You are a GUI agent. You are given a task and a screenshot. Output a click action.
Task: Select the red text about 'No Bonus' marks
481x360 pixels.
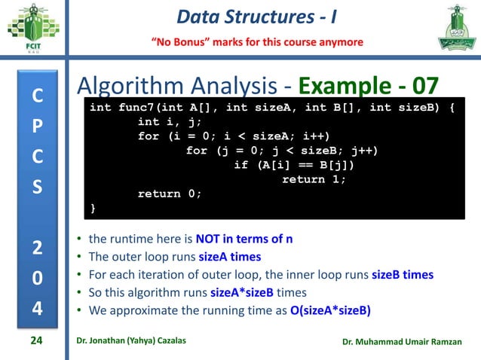coord(259,41)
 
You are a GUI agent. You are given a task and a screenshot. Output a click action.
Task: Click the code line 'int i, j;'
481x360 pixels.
coord(170,122)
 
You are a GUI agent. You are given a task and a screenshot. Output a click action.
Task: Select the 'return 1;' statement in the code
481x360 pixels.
coord(314,179)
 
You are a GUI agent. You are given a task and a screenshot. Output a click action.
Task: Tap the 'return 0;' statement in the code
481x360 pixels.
coord(170,194)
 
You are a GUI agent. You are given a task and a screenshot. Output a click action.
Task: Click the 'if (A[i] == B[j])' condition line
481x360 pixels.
coord(294,165)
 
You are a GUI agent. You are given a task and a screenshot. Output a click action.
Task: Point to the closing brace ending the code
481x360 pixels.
coord(93,208)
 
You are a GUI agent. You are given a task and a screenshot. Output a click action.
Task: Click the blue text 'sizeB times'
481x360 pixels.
coord(403,274)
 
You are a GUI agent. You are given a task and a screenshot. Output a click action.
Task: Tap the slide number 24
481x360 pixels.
coord(35,341)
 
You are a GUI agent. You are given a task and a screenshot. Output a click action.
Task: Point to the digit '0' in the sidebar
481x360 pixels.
coord(37,278)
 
